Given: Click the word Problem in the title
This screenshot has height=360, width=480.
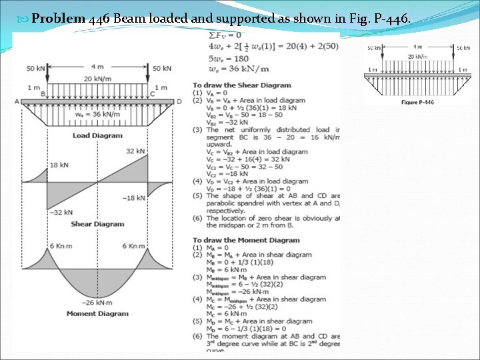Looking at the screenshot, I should pyautogui.click(x=59, y=19).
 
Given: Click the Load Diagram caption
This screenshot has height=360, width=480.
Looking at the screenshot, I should pyautogui.click(x=97, y=135).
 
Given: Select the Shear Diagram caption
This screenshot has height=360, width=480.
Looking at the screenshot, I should pyautogui.click(x=97, y=224).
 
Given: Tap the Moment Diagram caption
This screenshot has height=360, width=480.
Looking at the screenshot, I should pyautogui.click(x=97, y=313).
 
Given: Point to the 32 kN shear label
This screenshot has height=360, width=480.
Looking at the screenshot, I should pyautogui.click(x=135, y=151).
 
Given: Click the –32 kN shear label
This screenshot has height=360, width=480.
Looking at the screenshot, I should pyautogui.click(x=60, y=212).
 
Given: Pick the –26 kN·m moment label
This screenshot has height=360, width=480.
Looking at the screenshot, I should pyautogui.click(x=97, y=303).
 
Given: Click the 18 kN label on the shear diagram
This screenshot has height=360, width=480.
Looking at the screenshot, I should pyautogui.click(x=59, y=164).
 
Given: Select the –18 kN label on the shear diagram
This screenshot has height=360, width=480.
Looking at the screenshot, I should pyautogui.click(x=134, y=198).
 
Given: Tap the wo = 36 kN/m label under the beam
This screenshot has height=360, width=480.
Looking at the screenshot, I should pyautogui.click(x=98, y=114).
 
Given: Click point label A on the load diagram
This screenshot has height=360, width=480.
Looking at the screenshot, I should pyautogui.click(x=16, y=101).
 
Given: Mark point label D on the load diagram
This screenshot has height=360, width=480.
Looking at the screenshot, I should pyautogui.click(x=179, y=101).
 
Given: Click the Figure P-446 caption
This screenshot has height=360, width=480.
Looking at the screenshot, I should pyautogui.click(x=417, y=102).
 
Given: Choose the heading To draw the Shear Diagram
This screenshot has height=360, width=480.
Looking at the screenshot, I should pyautogui.click(x=242, y=85).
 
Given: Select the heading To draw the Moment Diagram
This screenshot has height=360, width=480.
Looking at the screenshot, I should pyautogui.click(x=246, y=240).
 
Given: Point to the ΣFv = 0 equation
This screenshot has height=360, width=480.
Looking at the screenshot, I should pyautogui.click(x=225, y=35).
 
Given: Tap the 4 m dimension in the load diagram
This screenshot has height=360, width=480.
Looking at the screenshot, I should pyautogui.click(x=99, y=67).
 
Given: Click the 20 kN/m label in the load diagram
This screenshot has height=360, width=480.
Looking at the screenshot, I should pyautogui.click(x=98, y=79).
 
